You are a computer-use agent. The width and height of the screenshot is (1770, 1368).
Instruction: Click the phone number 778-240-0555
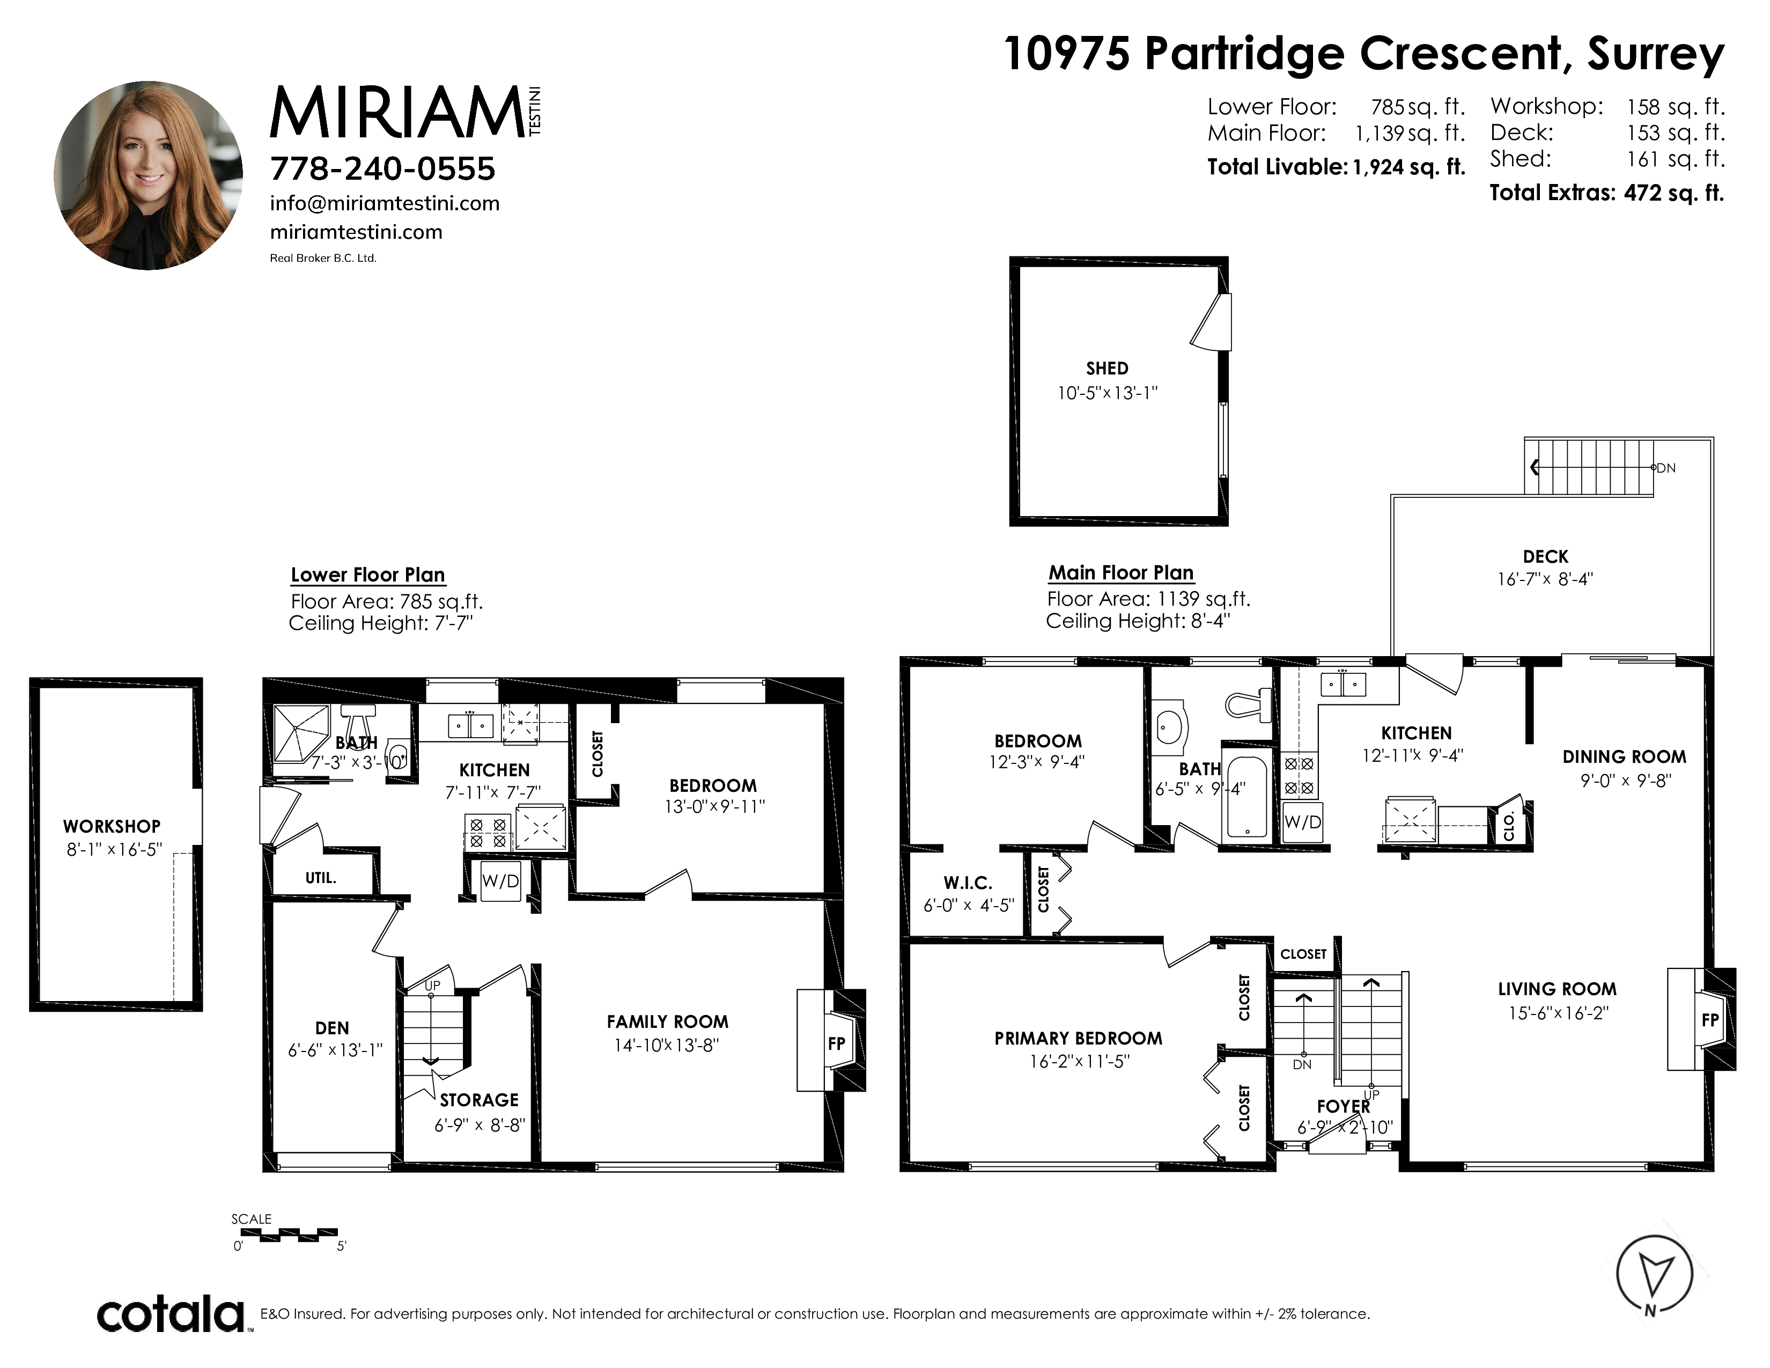(382, 168)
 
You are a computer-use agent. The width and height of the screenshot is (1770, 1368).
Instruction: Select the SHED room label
(1107, 368)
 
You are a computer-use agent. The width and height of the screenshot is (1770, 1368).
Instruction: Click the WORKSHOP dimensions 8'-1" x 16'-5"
(114, 849)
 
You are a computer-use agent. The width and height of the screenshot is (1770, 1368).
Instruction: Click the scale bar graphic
(286, 1235)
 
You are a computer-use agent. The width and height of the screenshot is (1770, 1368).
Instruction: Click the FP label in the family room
(836, 1044)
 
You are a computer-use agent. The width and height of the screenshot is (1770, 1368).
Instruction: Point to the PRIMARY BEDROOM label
(1078, 1038)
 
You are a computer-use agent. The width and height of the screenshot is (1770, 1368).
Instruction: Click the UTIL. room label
(321, 878)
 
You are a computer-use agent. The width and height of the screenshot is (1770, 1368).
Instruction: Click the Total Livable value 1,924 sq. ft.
(1408, 167)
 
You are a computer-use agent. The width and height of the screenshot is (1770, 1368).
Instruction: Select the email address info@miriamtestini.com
(385, 203)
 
